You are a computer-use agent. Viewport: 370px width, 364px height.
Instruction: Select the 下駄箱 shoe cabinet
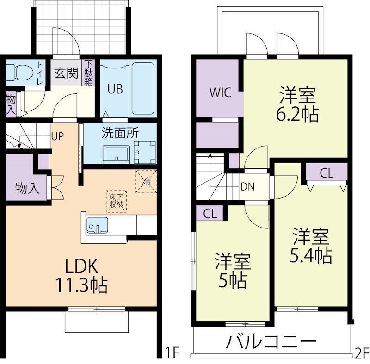tap(88, 73)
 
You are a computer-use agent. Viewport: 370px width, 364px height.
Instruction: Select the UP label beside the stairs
tap(57, 136)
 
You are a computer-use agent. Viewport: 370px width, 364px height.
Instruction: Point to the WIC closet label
tap(219, 92)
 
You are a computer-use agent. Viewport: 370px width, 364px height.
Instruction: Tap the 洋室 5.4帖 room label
tap(310, 246)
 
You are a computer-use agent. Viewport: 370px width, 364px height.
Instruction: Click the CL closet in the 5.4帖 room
tap(327, 173)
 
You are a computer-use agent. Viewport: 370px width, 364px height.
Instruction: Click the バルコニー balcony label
tap(271, 343)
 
